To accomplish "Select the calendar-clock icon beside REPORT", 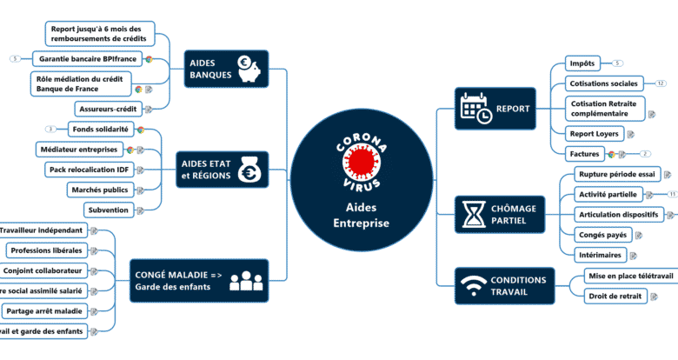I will [475, 109].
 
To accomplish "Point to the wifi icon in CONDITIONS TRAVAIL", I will [473, 286].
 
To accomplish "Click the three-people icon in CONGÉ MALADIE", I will [246, 281].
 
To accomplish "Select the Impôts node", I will [582, 63].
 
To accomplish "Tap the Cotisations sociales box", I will [603, 83].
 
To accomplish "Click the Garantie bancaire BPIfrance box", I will [86, 59].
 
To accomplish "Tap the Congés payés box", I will [602, 234].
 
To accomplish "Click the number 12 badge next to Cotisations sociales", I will [661, 83].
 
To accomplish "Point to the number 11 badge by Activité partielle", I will [672, 194].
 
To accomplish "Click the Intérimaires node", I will [600, 255].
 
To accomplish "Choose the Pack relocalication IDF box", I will [90, 170].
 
